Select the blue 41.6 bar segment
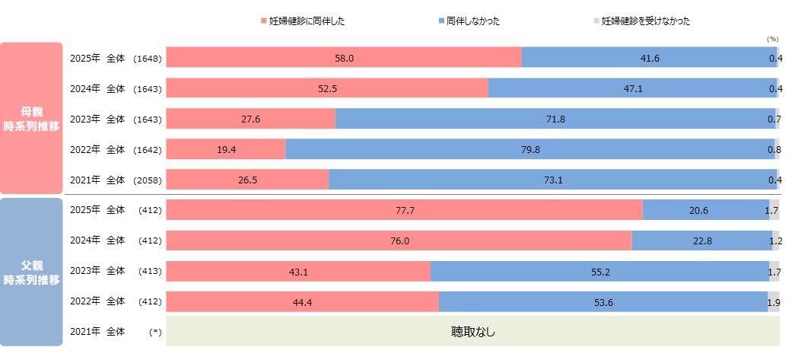pos(649,58)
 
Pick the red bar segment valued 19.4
pos(226,149)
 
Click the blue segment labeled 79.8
pos(530,149)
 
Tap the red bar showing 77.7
pos(404,210)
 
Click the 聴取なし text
pos(472,332)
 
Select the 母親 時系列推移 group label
pos(32,119)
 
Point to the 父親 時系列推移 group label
pos(32,272)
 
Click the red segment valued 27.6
pos(250,119)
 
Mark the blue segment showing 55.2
pos(599,271)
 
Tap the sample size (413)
pos(150,271)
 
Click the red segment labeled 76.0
pos(399,241)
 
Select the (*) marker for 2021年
pos(156,332)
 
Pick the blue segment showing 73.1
pos(552,180)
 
